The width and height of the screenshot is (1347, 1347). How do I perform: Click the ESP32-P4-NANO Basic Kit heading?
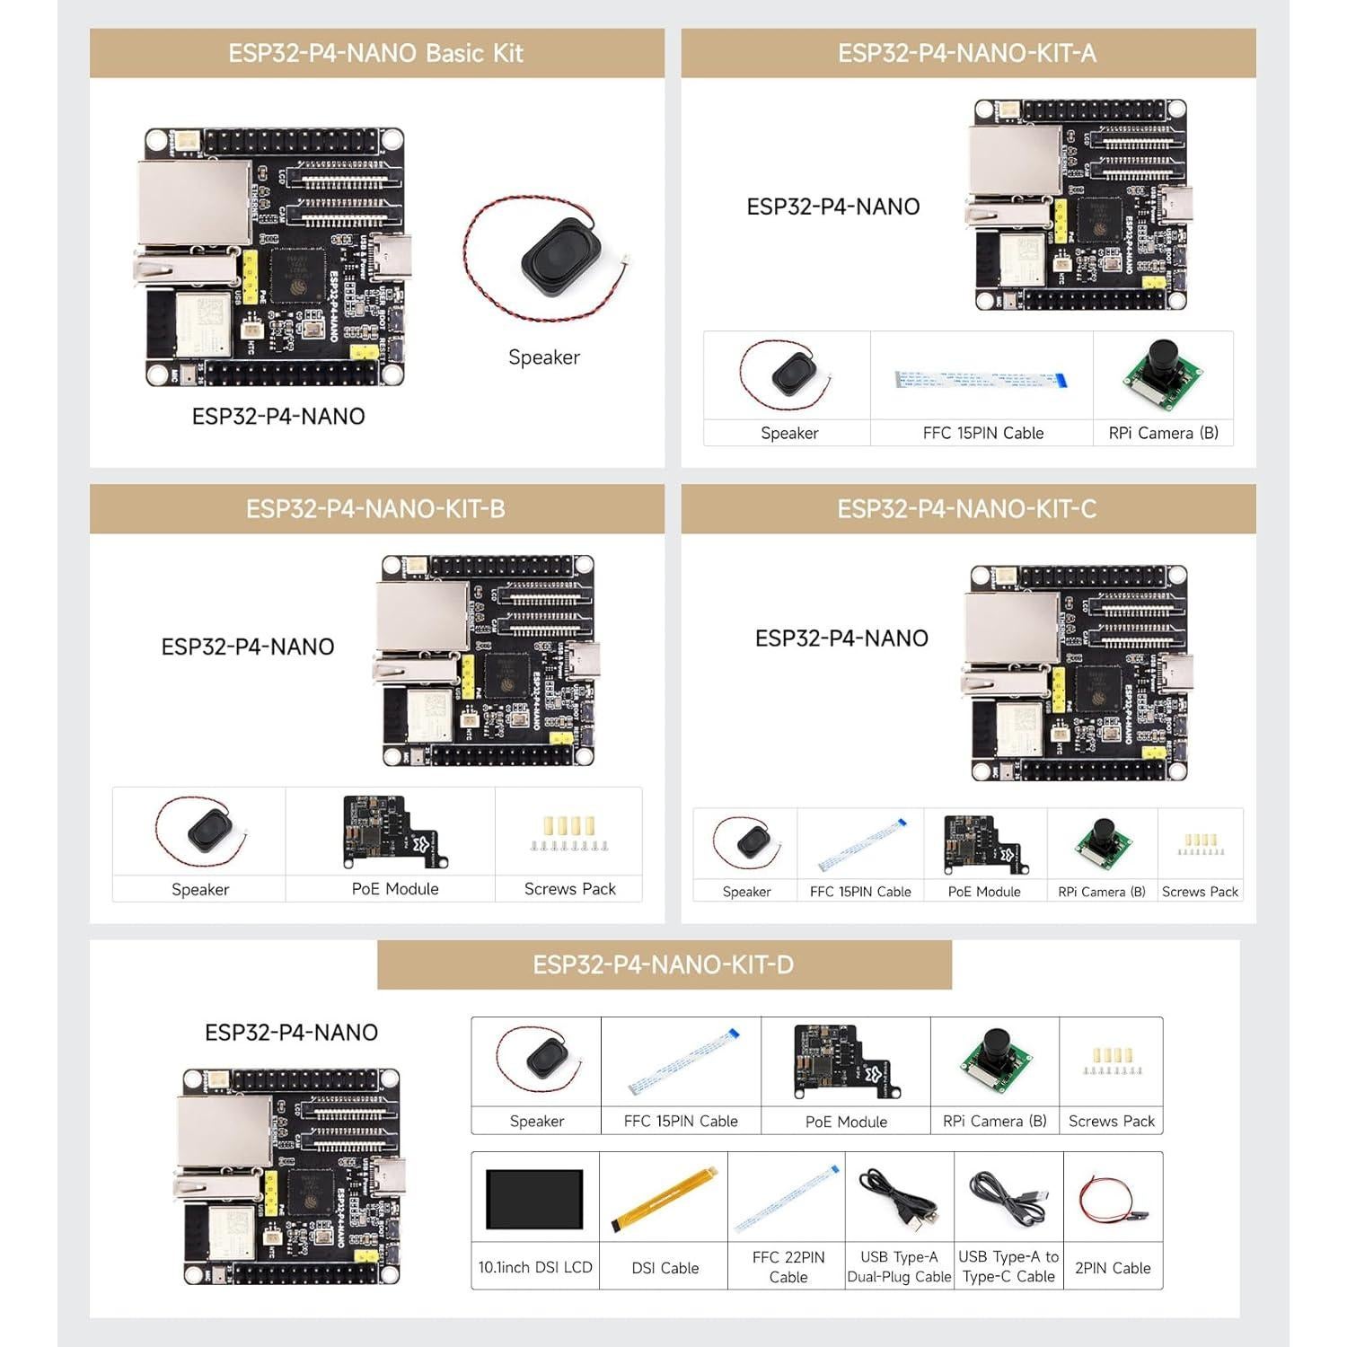point(375,53)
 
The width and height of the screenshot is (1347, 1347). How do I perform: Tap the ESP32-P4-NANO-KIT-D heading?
point(663,965)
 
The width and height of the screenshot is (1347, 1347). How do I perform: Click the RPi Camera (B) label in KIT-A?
point(1163,433)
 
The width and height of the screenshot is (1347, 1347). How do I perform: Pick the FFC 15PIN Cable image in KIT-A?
point(981,378)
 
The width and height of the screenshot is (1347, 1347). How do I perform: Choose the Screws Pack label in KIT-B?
point(569,889)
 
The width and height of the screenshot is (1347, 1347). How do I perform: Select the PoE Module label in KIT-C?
point(984,892)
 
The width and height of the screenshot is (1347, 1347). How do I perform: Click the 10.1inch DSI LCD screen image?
point(534,1199)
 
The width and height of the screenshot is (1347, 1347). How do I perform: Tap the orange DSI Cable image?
point(665,1199)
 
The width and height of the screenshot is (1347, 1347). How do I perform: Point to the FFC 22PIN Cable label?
point(788,1267)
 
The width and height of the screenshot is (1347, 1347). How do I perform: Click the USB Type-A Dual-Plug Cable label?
point(899,1267)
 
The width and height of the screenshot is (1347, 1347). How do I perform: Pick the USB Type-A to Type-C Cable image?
point(1008,1199)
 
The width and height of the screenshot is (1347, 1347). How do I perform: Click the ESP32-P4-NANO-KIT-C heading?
point(966,509)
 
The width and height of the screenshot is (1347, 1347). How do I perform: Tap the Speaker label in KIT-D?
point(536,1121)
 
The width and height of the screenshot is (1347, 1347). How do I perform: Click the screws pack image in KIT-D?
point(1112,1061)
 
